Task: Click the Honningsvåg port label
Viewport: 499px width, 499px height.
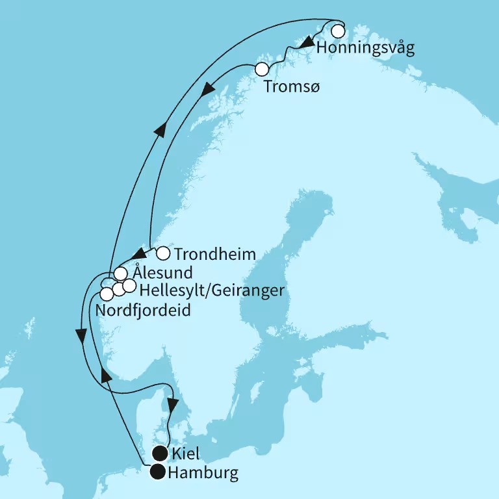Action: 365,49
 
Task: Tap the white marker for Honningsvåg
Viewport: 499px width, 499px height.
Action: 338,31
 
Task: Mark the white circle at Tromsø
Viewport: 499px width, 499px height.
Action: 262,69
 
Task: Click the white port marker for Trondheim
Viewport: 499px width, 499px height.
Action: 163,253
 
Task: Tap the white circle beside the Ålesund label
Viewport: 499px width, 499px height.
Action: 120,274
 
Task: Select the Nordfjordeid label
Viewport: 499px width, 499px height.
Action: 143,311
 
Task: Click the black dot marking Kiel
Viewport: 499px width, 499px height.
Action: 158,453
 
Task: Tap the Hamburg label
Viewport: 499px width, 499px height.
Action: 203,473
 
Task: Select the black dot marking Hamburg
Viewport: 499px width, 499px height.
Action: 158,472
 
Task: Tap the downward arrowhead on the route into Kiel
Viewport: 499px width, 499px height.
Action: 172,405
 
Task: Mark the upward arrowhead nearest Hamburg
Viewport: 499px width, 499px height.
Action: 104,376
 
